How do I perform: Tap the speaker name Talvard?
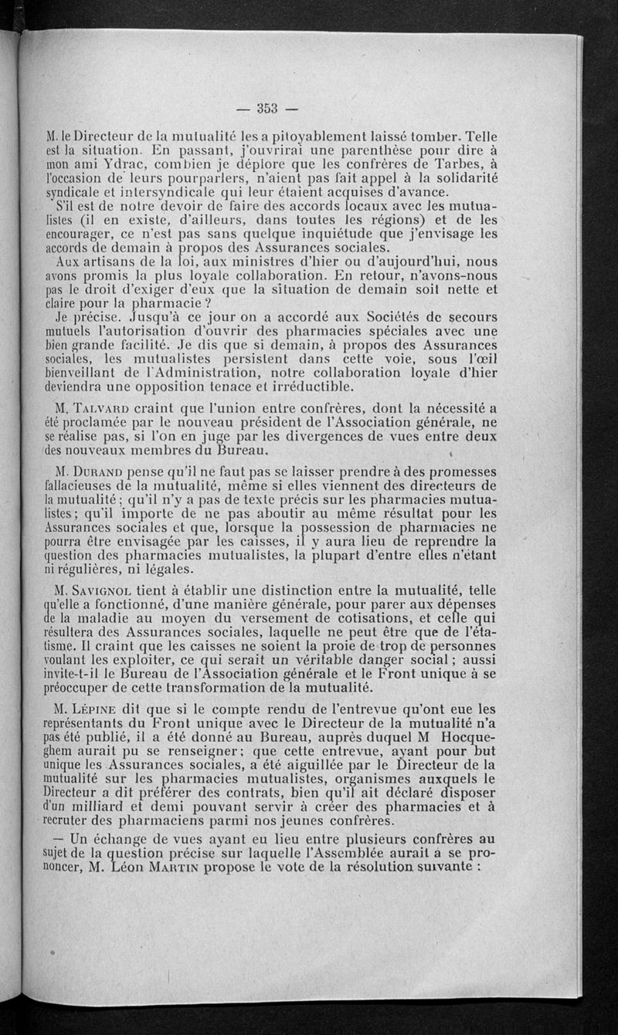pyautogui.click(x=107, y=408)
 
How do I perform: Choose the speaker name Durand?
pyautogui.click(x=108, y=471)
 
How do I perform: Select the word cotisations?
pyautogui.click(x=391, y=620)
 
